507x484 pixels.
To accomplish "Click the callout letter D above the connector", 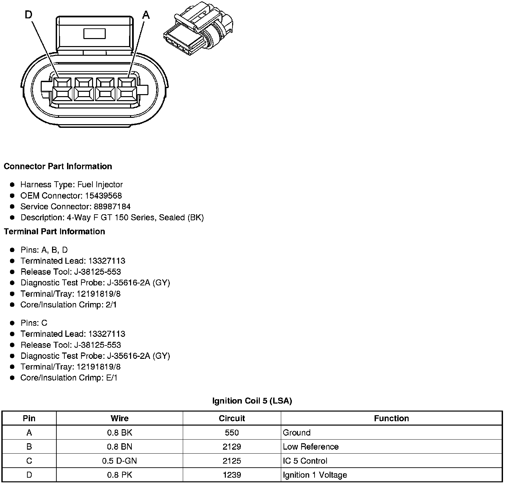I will tap(29, 15).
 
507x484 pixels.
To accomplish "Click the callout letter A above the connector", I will tap(146, 15).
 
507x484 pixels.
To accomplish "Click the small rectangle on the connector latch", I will tap(94, 33).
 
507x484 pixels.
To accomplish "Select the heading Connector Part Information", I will tap(58, 166).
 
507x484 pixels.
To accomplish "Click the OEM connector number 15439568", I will tap(103, 196).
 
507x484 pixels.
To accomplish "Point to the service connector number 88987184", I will tap(110, 207).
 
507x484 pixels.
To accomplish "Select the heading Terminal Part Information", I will tap(54, 231).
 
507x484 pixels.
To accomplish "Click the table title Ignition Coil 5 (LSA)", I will tap(252, 401).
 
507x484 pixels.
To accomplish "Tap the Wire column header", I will tap(119, 418).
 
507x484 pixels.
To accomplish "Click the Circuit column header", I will tap(232, 418).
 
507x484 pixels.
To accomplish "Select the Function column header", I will tap(391, 418).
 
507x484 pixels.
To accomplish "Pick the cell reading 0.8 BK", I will tap(119, 433).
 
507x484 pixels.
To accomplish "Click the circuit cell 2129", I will tap(232, 447).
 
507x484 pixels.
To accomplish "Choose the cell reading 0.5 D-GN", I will tap(119, 461).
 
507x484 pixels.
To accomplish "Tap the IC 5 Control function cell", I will tap(305, 461).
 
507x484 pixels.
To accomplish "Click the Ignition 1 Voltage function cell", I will tap(315, 475).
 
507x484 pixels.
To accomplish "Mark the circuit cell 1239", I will tap(232, 475).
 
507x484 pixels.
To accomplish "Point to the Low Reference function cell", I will tap(311, 447).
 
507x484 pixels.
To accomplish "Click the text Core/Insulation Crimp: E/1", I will tap(69, 378).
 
